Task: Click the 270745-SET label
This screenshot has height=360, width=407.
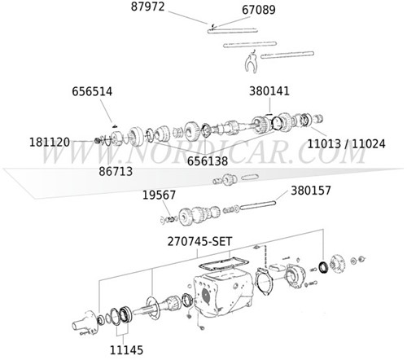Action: click(206, 243)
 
